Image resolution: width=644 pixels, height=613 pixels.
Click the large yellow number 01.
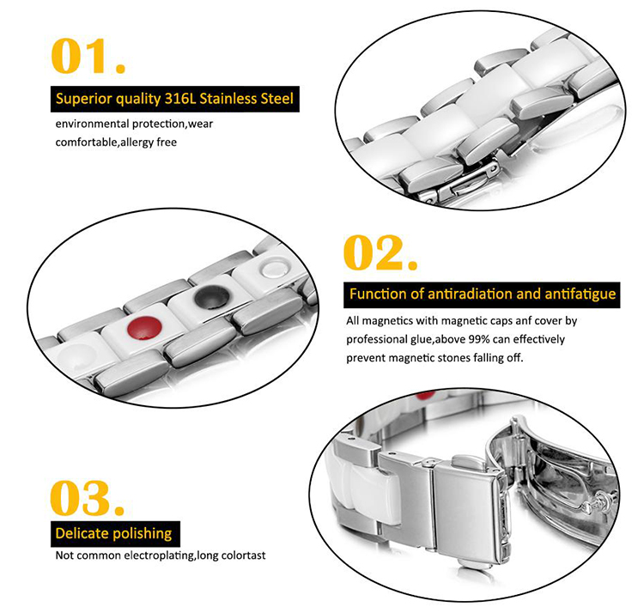88,56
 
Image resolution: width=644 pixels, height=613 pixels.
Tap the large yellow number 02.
380,252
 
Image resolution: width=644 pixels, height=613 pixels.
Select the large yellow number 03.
87,498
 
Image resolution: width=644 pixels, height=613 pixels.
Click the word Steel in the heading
276,99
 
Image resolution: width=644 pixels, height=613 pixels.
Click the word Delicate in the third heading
82,533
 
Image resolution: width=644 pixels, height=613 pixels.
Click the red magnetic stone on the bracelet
144,328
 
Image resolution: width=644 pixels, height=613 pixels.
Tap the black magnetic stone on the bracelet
212,297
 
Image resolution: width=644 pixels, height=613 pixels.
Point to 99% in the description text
479,339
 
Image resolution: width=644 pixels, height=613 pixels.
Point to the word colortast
243,555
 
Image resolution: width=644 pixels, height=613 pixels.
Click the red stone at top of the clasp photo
426,395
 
